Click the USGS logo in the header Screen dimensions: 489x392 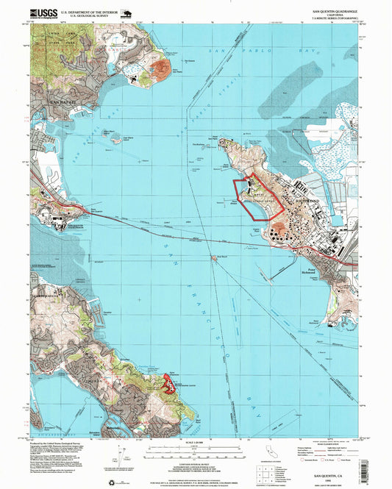point(43,13)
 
